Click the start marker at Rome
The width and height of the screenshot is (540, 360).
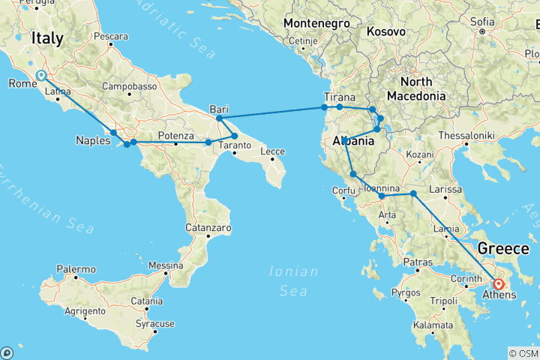(x=40, y=76)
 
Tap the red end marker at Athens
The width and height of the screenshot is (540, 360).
(x=499, y=284)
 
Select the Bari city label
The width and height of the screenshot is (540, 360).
(x=219, y=109)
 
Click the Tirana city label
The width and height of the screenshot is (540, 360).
(x=339, y=97)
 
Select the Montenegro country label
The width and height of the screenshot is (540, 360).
(x=316, y=24)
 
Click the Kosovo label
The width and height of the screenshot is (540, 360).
(x=386, y=32)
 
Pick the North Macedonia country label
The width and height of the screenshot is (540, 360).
(x=416, y=88)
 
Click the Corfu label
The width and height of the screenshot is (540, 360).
(x=343, y=190)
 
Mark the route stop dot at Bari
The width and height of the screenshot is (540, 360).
(x=219, y=118)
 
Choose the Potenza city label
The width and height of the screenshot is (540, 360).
(x=176, y=135)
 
